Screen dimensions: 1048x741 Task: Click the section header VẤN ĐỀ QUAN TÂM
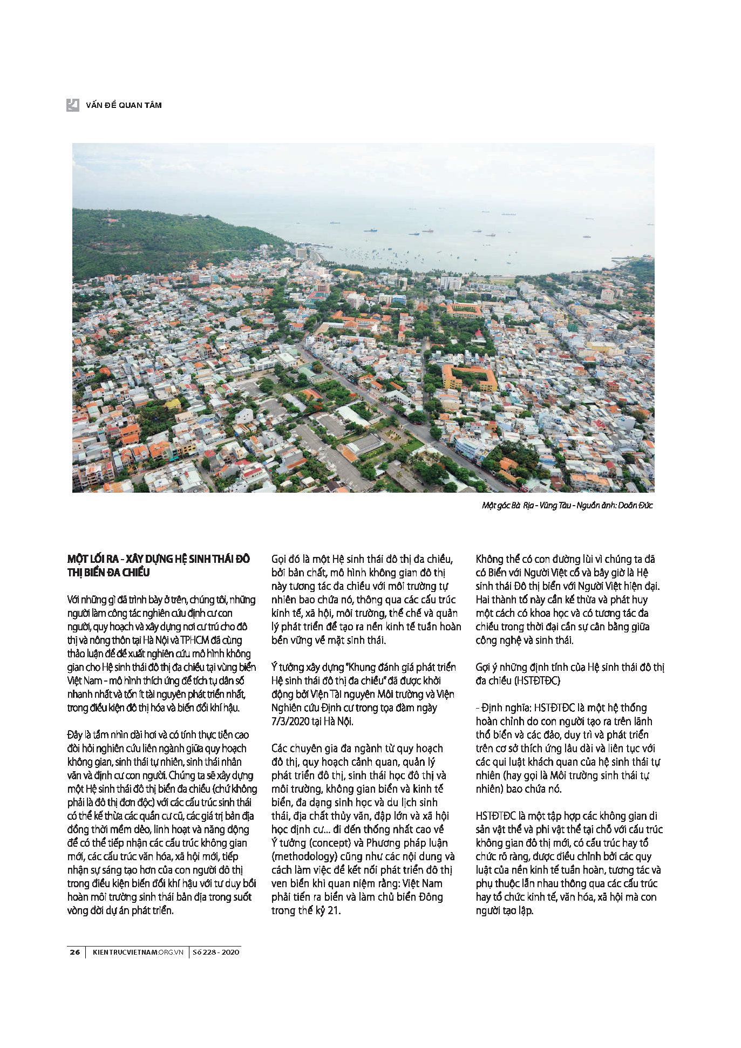pos(124,105)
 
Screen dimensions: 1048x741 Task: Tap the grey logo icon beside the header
pos(73,105)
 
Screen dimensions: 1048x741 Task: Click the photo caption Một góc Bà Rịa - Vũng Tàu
pos(526,506)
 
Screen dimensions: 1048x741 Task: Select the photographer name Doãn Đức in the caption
pos(635,506)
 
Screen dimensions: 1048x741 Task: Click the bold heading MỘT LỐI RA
pos(92,559)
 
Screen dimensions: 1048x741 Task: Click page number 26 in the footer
pos(75,952)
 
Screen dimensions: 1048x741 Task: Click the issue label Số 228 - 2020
pos(216,952)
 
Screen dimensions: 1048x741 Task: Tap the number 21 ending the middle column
pos(334,910)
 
